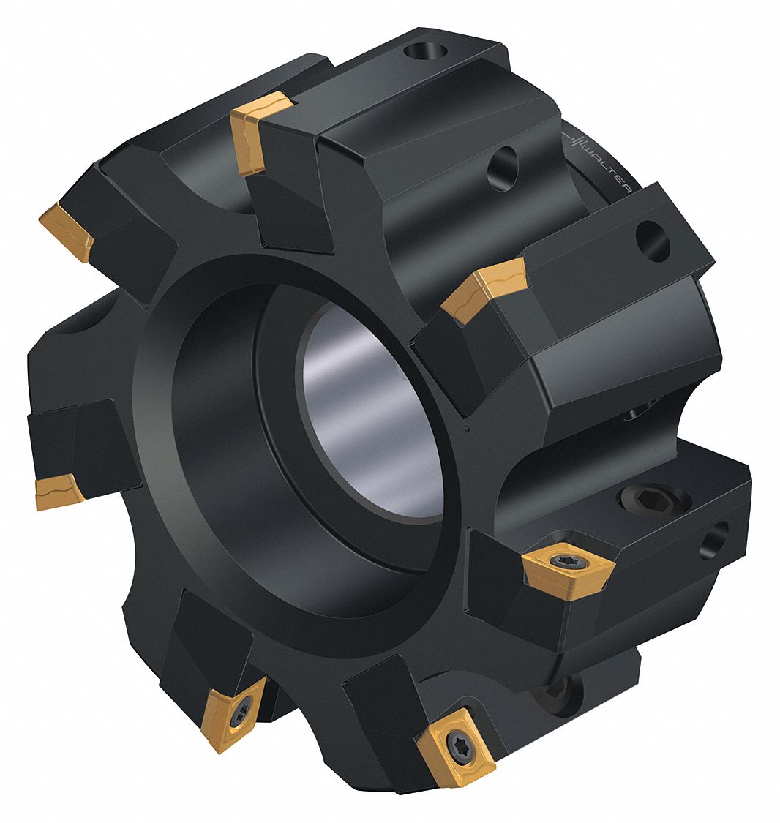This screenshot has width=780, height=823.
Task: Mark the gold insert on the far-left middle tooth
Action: [58, 490]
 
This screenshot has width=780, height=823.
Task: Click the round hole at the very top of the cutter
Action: [424, 52]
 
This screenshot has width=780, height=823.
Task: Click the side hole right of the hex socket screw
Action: [713, 542]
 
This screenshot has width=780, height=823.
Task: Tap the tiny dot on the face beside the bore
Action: [467, 429]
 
